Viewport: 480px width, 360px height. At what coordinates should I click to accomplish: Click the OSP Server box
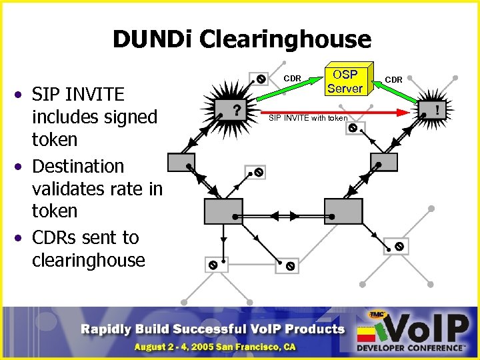(x=344, y=81)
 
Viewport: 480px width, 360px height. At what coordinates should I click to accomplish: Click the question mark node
(x=236, y=109)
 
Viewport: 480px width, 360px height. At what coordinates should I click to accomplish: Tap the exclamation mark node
(x=437, y=108)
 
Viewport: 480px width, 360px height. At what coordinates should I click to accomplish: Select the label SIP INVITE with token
(x=307, y=118)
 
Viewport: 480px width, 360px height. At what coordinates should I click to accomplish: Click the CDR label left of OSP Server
(x=293, y=79)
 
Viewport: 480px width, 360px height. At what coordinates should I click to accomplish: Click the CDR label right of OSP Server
(x=393, y=79)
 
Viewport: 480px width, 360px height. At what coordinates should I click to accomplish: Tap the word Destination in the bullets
(x=77, y=165)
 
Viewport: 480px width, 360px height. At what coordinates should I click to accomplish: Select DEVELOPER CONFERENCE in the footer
(x=410, y=349)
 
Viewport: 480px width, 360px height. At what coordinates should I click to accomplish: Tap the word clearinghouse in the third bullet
(x=88, y=260)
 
